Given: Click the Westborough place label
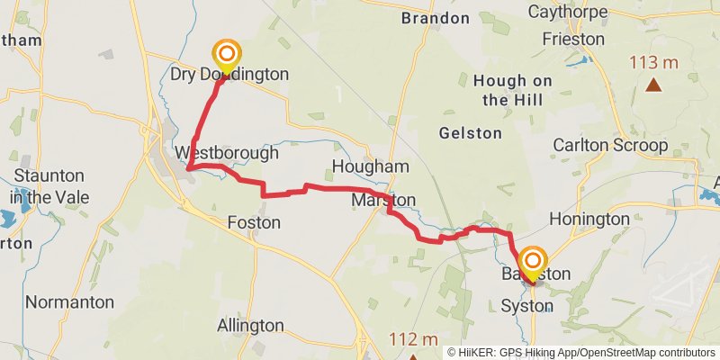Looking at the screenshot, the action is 228,153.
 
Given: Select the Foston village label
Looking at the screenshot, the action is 247,222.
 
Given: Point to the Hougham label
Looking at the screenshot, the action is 370,167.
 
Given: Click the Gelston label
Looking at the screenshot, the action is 470,133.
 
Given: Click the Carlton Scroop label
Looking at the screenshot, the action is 610,145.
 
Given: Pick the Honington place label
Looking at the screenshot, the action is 589,219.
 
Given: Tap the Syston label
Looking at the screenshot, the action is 526,306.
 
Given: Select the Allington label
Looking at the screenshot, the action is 251,326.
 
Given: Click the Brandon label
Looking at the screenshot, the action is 436,18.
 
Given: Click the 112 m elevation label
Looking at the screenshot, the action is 413,339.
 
